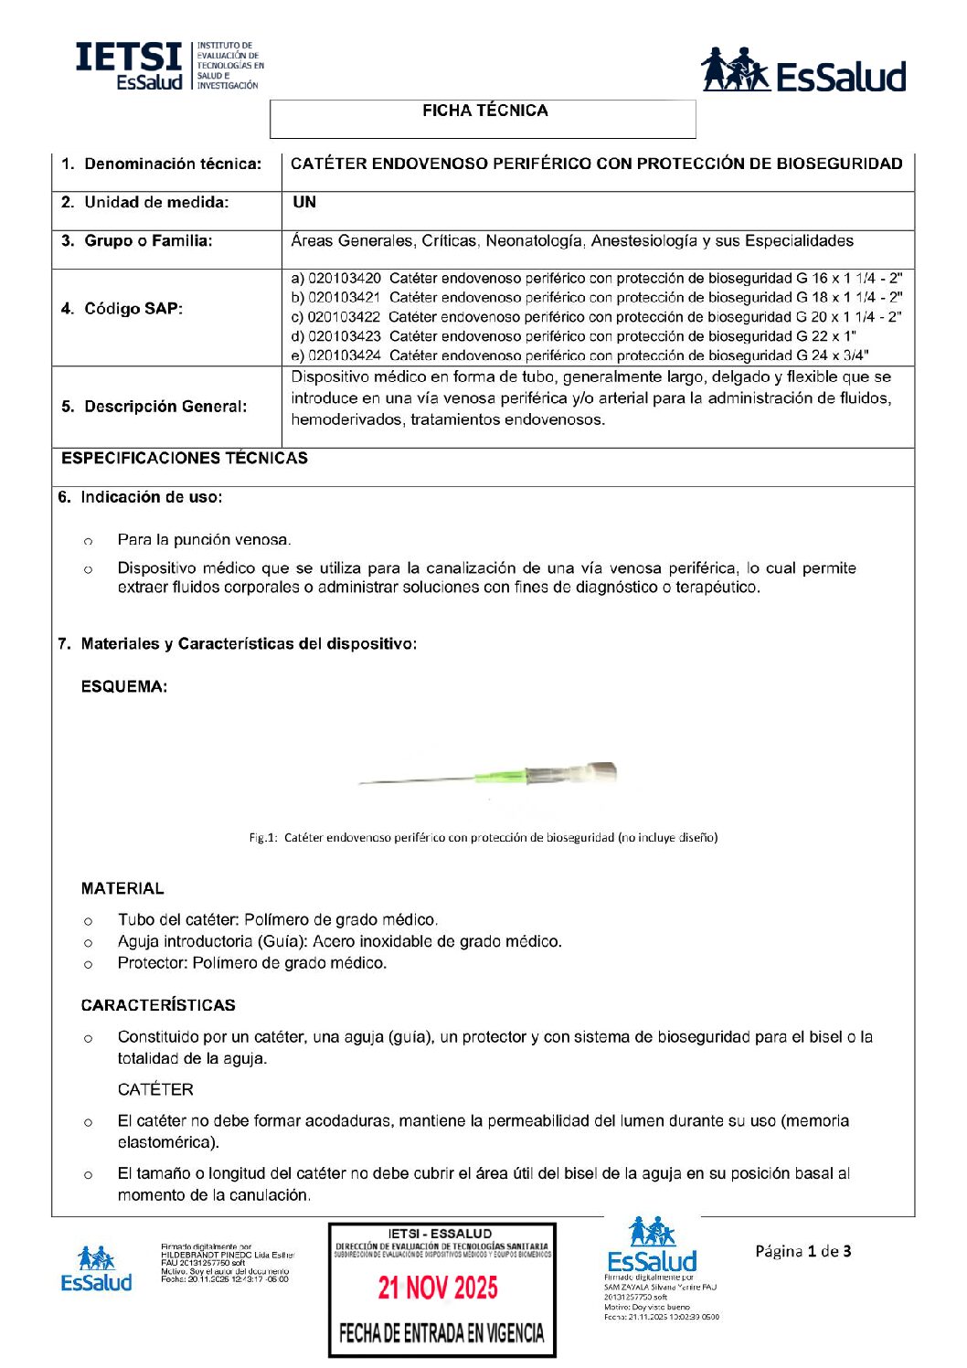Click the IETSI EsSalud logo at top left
pos(168,66)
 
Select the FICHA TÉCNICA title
pos(484,111)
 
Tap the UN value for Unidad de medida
pos(304,202)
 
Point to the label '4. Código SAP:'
pos(122,309)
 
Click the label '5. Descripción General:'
pos(154,407)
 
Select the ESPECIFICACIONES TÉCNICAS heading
pos(185,458)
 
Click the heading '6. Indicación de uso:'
pos(140,497)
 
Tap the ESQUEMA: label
pos(124,686)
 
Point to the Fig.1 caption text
pos(483,837)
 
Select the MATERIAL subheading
pos(122,888)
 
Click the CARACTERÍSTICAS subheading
pos(158,1005)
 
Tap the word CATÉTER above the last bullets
pos(155,1089)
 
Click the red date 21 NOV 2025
pos(439,1288)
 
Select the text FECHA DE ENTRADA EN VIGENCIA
pos(441,1333)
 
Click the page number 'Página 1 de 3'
pos(802,1251)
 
